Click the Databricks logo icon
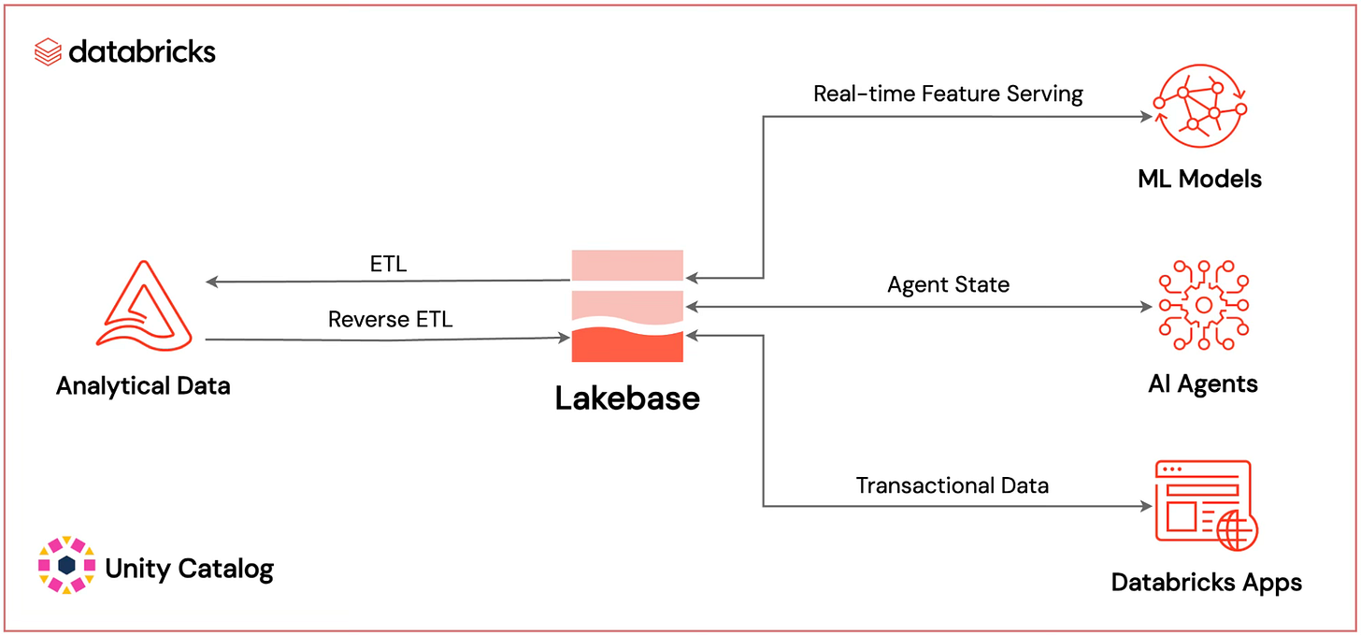(48, 51)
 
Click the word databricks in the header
(142, 51)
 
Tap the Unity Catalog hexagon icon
(66, 565)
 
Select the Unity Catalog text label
(190, 568)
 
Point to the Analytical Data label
(143, 385)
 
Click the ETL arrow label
(388, 264)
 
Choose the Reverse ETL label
(390, 319)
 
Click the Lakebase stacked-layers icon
(627, 306)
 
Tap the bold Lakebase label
(627, 398)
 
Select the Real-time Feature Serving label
(948, 94)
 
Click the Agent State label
(948, 284)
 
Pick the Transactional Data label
(952, 485)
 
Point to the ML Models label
(1199, 179)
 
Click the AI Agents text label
(1203, 383)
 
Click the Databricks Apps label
(1206, 583)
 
